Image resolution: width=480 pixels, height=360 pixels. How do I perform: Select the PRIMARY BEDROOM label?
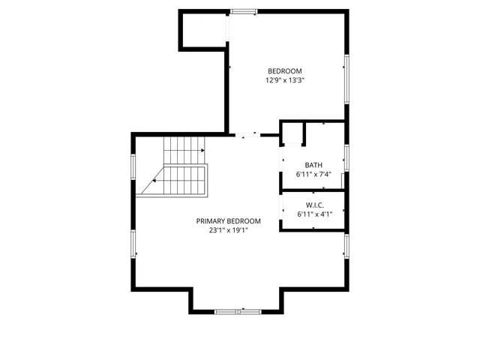point(229,221)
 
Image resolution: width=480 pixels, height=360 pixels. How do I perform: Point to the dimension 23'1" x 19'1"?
point(229,231)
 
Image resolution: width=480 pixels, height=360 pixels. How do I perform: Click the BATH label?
point(313,165)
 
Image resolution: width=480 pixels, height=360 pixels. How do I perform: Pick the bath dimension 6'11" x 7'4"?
point(313,175)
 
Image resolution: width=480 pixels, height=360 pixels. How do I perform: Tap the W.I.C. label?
point(313,205)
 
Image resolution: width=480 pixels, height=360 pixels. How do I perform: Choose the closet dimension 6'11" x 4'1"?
point(313,214)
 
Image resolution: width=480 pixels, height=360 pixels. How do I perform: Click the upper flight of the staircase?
point(184,150)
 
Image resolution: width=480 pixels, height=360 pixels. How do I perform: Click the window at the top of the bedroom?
point(242,11)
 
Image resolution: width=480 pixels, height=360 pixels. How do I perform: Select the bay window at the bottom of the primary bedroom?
point(236,310)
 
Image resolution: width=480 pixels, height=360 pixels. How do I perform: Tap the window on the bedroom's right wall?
point(346,79)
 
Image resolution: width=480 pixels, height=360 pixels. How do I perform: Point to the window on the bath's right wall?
point(346,157)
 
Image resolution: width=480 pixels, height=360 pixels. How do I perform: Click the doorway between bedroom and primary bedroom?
point(247,135)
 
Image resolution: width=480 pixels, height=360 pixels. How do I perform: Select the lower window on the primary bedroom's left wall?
point(133,244)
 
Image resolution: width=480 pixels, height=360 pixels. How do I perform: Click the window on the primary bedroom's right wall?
point(346,247)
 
